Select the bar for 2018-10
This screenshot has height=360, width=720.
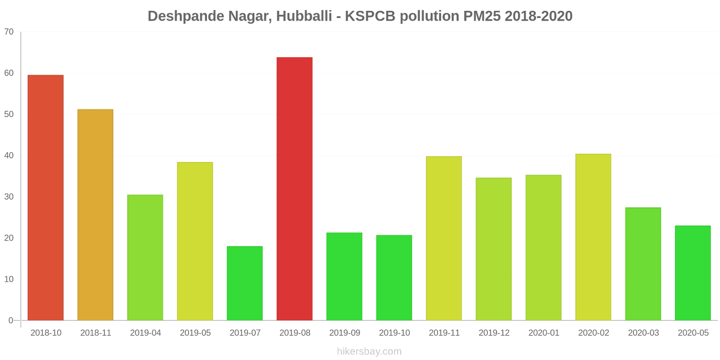coord(45,198)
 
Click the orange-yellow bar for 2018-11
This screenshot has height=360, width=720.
coord(95,215)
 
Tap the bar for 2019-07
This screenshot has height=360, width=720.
coord(245,283)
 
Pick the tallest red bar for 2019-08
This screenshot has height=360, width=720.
coord(294,189)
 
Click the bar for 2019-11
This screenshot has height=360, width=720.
coord(444,238)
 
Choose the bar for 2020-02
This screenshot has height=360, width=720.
coord(593,237)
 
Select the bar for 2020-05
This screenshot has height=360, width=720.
coord(693,273)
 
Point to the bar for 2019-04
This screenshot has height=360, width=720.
coord(145,257)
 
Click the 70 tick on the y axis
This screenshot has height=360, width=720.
coord(9,32)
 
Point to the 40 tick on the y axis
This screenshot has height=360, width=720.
coord(9,156)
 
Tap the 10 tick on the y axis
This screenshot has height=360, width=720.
coord(9,279)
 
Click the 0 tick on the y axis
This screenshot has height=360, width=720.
coord(11,320)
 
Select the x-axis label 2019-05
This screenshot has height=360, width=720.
coord(195,333)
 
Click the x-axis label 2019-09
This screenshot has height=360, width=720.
coord(345,333)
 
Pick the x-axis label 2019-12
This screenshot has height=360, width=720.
coord(494,333)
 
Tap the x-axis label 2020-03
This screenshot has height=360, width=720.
coord(643,333)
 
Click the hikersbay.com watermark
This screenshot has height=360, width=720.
coord(369,351)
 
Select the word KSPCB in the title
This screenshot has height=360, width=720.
coord(370,16)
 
